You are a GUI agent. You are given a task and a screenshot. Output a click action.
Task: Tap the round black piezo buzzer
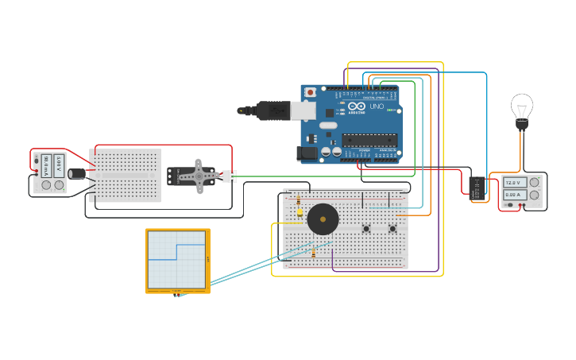(x=323, y=219)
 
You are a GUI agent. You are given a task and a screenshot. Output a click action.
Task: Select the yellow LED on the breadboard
(x=300, y=212)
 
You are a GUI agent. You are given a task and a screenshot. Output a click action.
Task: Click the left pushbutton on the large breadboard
(x=366, y=229)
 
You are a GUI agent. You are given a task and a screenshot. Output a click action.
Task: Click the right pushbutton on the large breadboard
(x=392, y=229)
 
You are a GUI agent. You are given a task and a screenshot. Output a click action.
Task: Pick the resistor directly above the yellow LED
(x=299, y=198)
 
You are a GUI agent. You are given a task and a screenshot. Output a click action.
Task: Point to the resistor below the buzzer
(x=314, y=253)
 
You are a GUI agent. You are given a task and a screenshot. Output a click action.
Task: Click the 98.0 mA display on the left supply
(x=46, y=164)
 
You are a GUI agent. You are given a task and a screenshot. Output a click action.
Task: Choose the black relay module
(x=477, y=188)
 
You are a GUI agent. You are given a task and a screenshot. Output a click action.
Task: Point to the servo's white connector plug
(x=230, y=176)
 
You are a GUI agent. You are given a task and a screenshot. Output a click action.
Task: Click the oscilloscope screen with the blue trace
(x=176, y=259)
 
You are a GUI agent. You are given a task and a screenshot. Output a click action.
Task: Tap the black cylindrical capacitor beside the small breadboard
(x=78, y=173)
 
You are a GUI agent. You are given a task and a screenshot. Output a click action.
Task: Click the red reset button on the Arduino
(x=310, y=93)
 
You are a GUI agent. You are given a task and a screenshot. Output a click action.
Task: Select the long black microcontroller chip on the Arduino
(x=369, y=141)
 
